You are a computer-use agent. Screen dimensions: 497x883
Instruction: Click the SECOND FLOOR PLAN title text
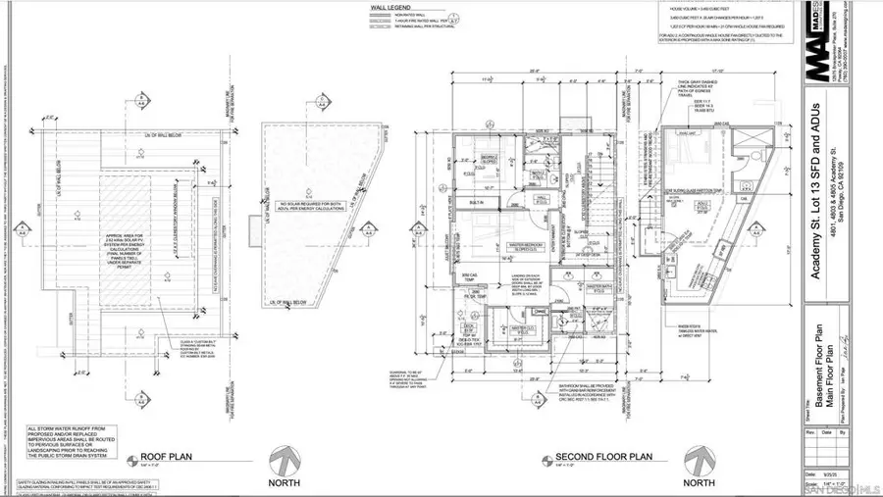tap(603, 457)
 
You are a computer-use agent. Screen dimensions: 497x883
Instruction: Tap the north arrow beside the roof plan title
tap(282, 460)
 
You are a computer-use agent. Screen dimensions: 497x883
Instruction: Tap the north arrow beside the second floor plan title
tap(700, 460)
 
